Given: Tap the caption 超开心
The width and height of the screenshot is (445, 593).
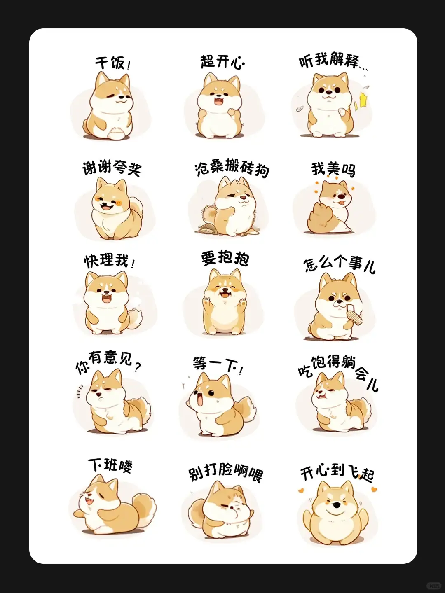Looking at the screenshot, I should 222,62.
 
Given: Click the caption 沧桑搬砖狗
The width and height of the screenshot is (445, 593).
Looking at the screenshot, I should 232,168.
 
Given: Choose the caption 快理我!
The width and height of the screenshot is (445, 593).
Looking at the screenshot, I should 109,261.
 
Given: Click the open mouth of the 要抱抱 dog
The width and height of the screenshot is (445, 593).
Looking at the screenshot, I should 225,294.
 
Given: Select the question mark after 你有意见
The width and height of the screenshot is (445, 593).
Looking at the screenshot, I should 138,366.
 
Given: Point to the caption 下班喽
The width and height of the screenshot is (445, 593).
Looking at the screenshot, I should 110,465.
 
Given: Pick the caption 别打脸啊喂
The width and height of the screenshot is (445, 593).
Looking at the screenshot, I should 225,473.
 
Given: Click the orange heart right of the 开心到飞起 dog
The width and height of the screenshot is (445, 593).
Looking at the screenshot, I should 375,490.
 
